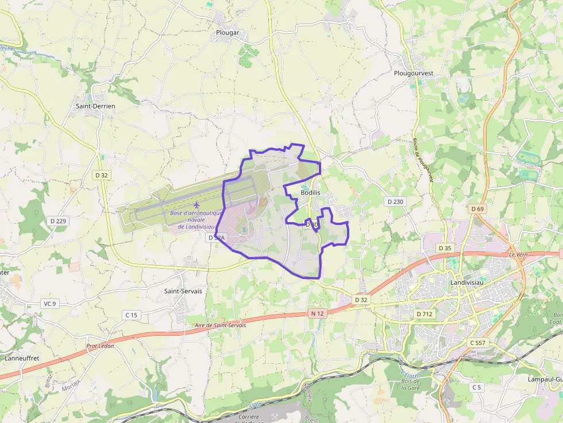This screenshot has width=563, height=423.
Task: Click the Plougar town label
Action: (x=227, y=33)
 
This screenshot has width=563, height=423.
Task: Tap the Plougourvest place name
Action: (x=414, y=73)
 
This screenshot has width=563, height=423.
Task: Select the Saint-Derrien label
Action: (x=95, y=106)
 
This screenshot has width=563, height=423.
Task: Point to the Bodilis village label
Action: (x=310, y=192)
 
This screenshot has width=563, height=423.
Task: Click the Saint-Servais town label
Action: (x=183, y=291)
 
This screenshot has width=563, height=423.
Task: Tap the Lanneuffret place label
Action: (x=22, y=358)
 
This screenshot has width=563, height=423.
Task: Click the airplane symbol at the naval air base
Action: (x=197, y=204)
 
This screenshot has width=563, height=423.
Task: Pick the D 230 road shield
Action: (x=395, y=201)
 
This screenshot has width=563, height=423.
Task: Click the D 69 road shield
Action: (x=477, y=209)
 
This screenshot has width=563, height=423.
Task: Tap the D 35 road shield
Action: (x=444, y=248)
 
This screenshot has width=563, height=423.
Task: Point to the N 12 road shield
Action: (x=317, y=313)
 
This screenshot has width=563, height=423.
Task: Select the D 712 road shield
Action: (x=424, y=314)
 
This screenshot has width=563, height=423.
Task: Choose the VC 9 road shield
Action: (x=50, y=304)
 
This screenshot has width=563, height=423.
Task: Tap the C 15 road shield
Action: (x=132, y=315)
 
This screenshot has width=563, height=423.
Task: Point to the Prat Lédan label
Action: (x=100, y=346)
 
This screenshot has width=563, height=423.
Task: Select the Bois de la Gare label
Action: (x=411, y=383)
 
